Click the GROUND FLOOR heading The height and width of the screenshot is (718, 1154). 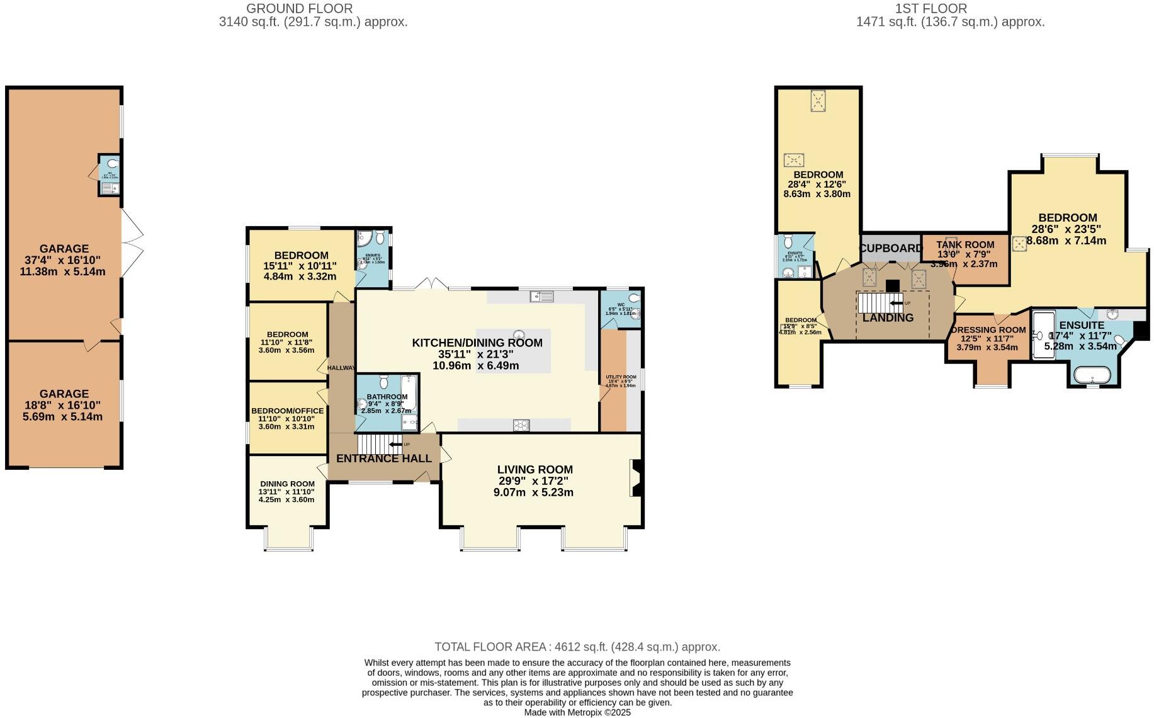pyautogui.click(x=299, y=9)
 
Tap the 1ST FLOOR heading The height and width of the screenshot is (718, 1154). pyautogui.click(x=931, y=9)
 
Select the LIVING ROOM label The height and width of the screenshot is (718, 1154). pyautogui.click(x=535, y=469)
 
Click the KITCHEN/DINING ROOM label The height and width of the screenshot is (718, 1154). pyautogui.click(x=477, y=343)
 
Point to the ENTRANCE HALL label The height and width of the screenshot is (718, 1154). pyautogui.click(x=383, y=459)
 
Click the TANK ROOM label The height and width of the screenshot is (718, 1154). pyautogui.click(x=964, y=244)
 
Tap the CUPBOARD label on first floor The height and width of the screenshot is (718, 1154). pyautogui.click(x=890, y=248)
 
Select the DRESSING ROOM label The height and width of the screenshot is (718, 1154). pyautogui.click(x=988, y=330)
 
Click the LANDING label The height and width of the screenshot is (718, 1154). pyautogui.click(x=888, y=318)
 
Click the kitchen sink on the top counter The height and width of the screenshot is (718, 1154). pyautogui.click(x=541, y=296)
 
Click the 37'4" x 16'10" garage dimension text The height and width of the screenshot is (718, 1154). pyautogui.click(x=64, y=260)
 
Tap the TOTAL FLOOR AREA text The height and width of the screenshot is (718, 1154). pyautogui.click(x=577, y=647)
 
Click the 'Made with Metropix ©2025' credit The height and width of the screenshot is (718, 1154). pyautogui.click(x=577, y=712)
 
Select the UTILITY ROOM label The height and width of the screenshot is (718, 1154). pyautogui.click(x=621, y=377)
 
